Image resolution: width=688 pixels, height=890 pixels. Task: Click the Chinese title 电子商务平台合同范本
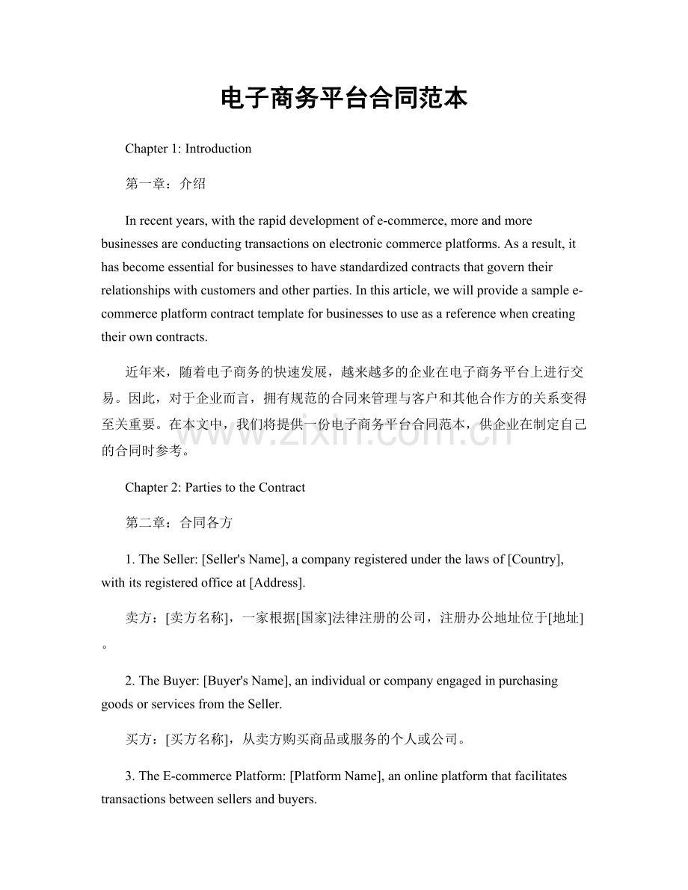[x=344, y=98]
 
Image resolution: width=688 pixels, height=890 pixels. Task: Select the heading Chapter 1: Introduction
[x=188, y=149]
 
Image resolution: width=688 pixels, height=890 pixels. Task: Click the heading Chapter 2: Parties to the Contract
[x=215, y=488]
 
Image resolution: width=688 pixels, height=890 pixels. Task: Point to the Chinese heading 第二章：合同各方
[x=179, y=522]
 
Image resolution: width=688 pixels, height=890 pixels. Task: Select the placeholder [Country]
[x=535, y=560]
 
